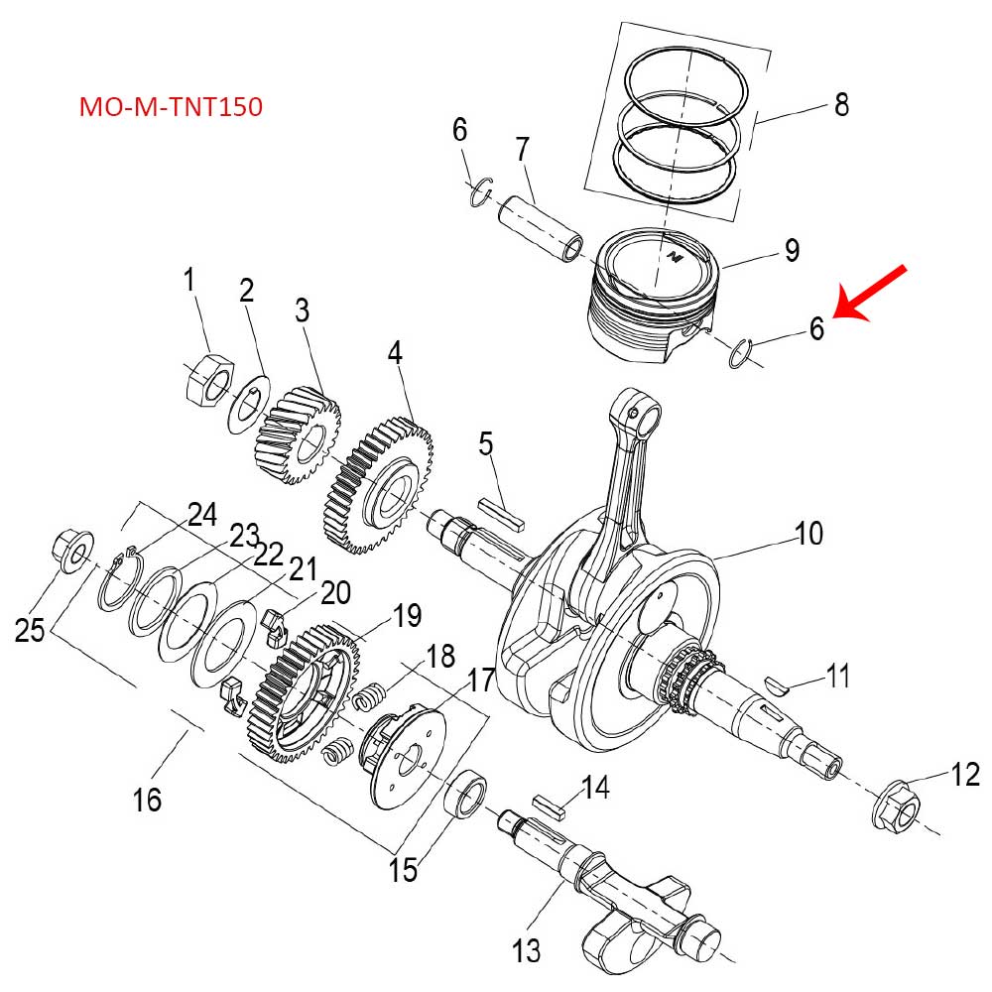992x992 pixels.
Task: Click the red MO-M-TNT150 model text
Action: coord(171,107)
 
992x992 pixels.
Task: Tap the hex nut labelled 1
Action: coord(208,381)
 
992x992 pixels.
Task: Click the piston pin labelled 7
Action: coord(541,226)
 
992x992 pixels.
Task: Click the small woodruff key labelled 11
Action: coord(779,684)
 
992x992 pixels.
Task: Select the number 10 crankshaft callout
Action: coord(808,534)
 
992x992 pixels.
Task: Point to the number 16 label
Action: coord(147,799)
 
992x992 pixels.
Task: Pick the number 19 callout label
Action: coord(407,615)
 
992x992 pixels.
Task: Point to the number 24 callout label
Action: coord(201,514)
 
